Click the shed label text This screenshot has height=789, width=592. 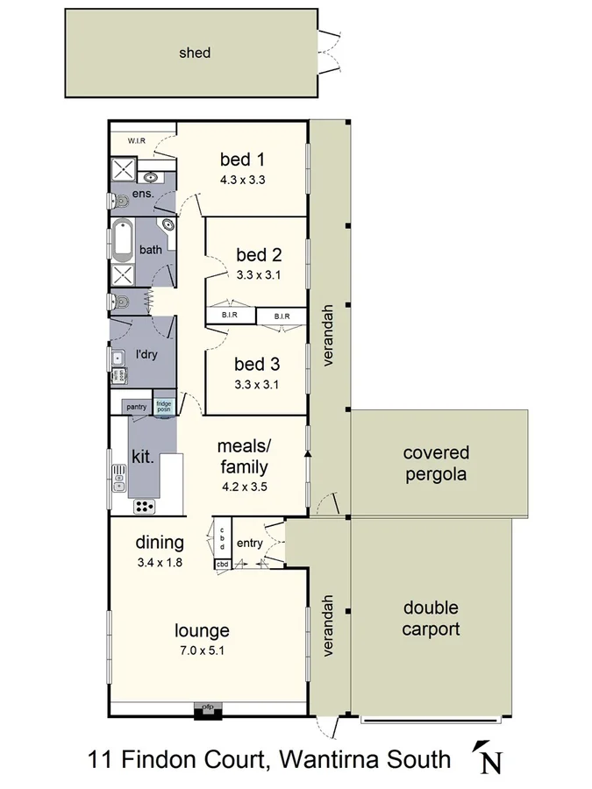195,53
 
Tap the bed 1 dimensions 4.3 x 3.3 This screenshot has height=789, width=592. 242,180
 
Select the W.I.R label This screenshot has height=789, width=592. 136,140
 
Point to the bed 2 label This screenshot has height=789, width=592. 259,255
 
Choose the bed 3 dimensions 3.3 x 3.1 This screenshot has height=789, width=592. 257,383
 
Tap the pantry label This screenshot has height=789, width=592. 136,407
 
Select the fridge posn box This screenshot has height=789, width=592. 164,406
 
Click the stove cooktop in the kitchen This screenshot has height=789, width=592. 144,506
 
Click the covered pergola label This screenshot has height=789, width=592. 436,465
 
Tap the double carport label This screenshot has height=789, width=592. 431,618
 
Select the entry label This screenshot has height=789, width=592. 250,544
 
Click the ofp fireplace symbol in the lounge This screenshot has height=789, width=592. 208,710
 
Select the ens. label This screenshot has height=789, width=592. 143,193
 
